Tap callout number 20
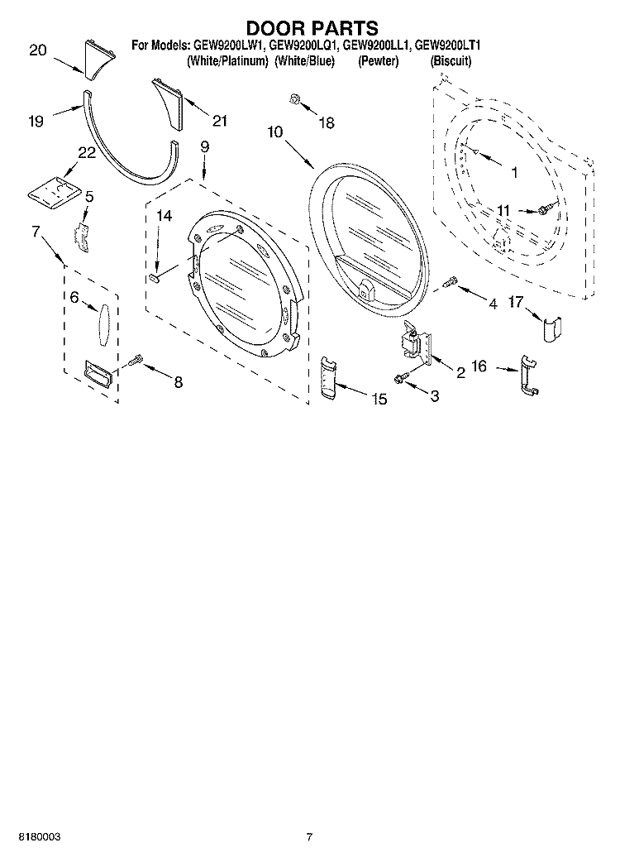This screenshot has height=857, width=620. click(37, 50)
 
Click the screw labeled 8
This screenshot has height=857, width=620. click(136, 360)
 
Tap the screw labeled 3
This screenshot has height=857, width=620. click(401, 377)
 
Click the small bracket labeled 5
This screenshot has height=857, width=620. click(83, 234)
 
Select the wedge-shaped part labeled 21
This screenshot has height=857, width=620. click(169, 103)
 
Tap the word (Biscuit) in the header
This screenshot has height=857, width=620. click(451, 61)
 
